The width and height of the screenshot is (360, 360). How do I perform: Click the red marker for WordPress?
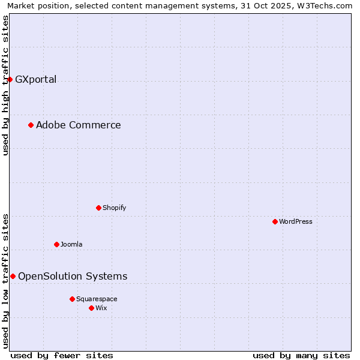(275, 221)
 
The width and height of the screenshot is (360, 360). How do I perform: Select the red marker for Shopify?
(98, 208)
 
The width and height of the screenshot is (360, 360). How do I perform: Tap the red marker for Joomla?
(56, 244)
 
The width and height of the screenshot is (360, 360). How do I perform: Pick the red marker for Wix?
(91, 308)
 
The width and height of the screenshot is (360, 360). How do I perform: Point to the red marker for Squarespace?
(72, 299)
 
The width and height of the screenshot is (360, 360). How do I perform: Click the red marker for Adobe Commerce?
(31, 125)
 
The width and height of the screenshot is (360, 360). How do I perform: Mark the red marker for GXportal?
(10, 79)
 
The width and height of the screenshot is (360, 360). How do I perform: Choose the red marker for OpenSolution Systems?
(13, 276)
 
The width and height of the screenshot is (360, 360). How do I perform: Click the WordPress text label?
(296, 221)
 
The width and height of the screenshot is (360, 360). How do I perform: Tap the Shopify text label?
(114, 208)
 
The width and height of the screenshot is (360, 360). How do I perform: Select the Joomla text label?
(71, 244)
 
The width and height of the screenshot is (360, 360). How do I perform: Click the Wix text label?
(101, 308)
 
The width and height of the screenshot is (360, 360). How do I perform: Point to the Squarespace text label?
(97, 299)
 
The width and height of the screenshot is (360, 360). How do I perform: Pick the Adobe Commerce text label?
(79, 125)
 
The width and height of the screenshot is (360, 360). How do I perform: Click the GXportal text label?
(36, 79)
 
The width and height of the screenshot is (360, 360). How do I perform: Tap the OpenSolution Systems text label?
(73, 276)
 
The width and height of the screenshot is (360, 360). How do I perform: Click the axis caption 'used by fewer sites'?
(62, 355)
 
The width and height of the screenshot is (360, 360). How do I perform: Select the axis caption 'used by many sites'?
(301, 355)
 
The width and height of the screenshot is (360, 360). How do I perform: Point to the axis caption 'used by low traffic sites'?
(6, 281)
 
